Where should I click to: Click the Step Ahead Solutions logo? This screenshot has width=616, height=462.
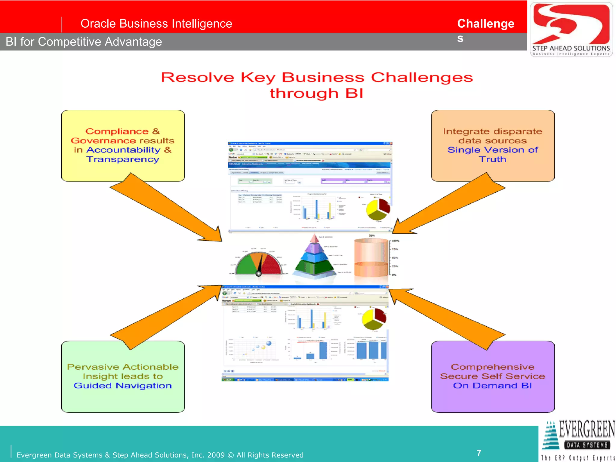point(571,29)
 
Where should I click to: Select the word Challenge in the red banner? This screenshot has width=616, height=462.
point(485,24)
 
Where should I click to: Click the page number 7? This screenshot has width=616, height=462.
point(479,453)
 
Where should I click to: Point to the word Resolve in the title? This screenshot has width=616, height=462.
point(197,78)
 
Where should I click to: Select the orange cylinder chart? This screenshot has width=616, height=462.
point(371,257)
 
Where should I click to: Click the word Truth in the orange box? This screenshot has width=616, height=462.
point(492,159)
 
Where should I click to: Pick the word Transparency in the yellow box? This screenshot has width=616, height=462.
point(123,159)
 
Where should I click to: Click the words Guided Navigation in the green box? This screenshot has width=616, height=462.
point(122,386)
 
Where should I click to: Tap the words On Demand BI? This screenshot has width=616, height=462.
point(492,386)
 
